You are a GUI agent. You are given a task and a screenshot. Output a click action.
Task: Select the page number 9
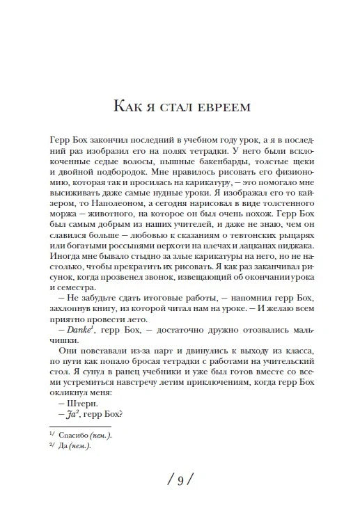point(180,479)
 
